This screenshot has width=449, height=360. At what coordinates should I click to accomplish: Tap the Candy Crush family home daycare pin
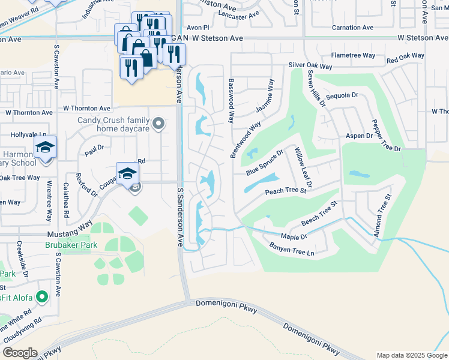click(x=158, y=124)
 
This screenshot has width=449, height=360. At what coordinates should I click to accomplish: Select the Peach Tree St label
click(x=286, y=191)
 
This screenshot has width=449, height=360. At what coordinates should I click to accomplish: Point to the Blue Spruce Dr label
click(x=264, y=163)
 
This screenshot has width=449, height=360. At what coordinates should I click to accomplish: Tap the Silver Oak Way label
click(x=310, y=65)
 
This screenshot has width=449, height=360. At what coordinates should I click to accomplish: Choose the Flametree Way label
click(x=353, y=55)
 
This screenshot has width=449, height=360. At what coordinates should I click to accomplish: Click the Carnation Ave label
click(x=353, y=28)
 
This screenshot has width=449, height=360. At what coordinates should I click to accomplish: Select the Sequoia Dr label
click(x=342, y=95)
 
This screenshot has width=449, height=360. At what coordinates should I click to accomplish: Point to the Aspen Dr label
click(x=359, y=136)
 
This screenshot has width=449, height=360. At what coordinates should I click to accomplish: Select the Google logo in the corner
click(x=19, y=353)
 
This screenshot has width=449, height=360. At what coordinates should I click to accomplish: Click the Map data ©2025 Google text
click(x=412, y=355)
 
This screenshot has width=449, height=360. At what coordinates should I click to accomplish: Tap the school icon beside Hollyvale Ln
click(x=45, y=147)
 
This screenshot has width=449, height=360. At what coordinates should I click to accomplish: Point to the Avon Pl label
click(x=197, y=28)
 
